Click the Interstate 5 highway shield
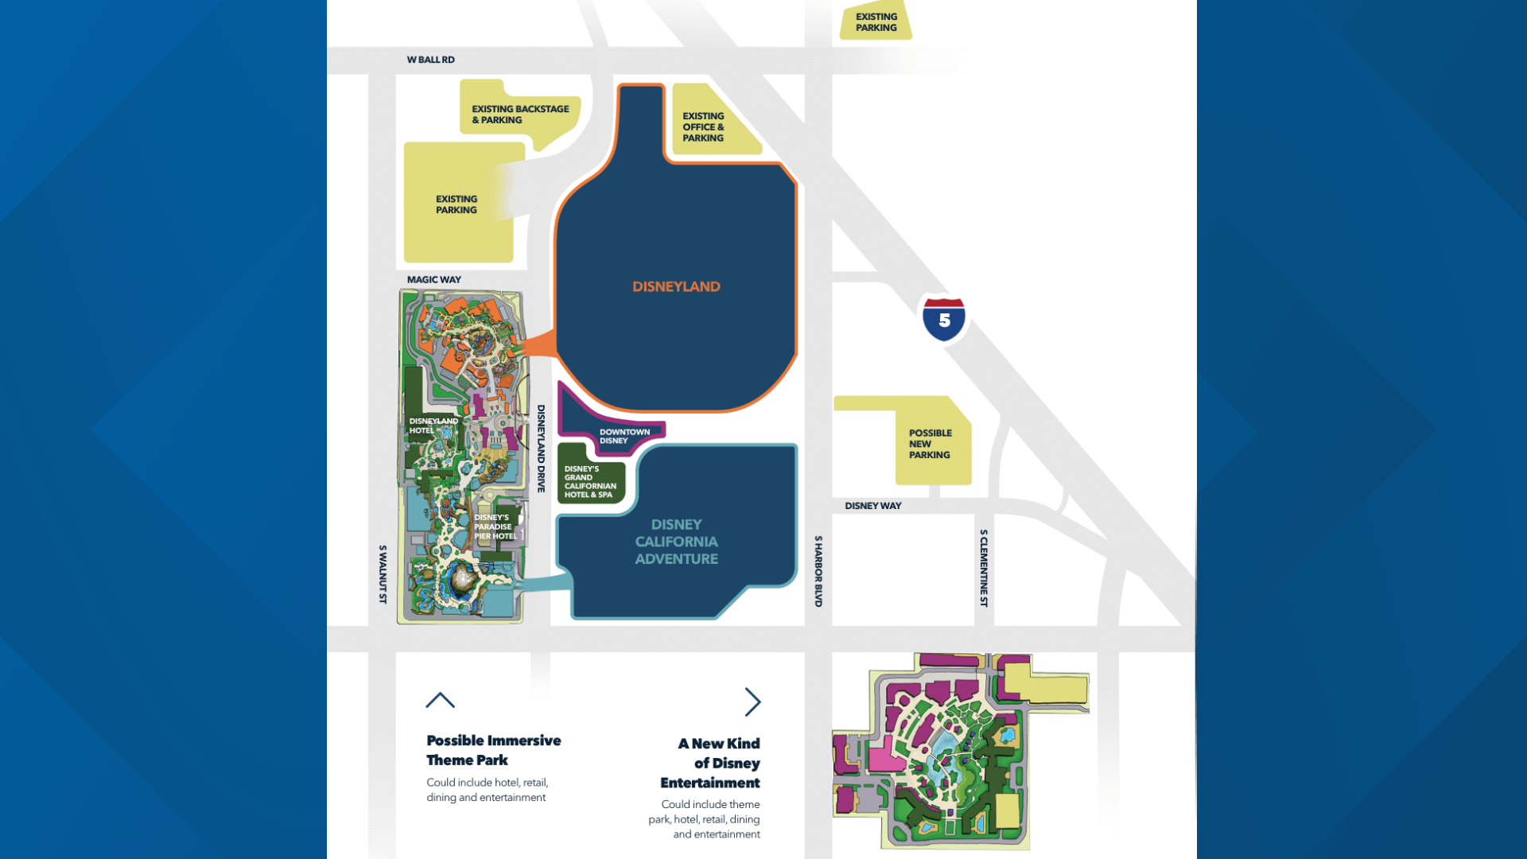click(944, 319)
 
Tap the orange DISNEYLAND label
click(676, 286)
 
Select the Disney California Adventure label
click(676, 542)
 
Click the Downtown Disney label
click(624, 436)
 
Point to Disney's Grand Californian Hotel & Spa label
click(589, 482)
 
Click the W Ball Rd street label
click(430, 60)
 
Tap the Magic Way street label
click(433, 280)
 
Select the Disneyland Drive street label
click(541, 449)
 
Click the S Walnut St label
click(383, 574)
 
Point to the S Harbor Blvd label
click(818, 571)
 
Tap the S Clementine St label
click(984, 568)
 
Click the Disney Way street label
click(872, 506)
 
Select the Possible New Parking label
click(930, 444)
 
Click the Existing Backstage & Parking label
click(520, 115)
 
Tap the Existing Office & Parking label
click(703, 127)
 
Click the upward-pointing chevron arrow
click(440, 700)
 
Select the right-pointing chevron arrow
click(752, 702)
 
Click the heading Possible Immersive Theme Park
click(493, 750)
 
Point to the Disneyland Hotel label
click(433, 426)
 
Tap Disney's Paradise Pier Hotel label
click(495, 527)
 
